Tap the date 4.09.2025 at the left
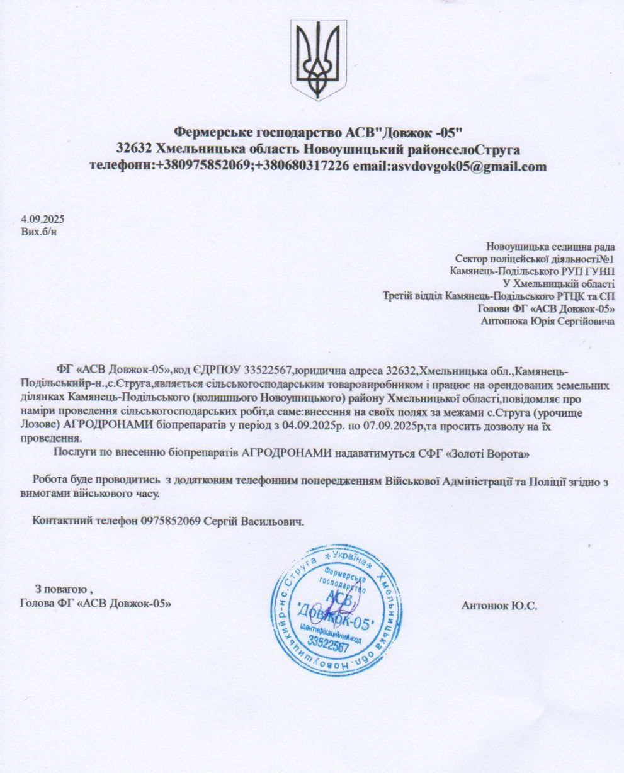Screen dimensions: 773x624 (x=43, y=220)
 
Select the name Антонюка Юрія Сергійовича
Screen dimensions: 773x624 (x=547, y=322)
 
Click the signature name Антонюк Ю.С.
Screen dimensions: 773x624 (x=499, y=606)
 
